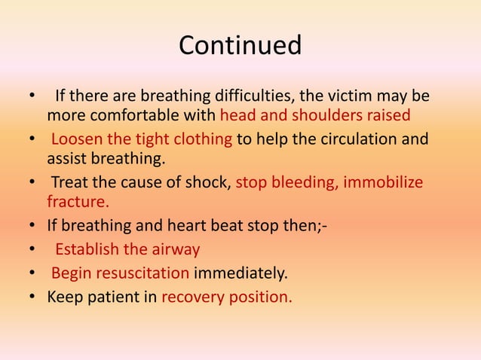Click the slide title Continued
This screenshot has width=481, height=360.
(x=240, y=45)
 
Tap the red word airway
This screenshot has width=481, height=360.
(x=175, y=250)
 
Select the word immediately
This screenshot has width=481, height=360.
(x=242, y=273)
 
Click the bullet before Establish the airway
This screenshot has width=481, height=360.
(x=31, y=250)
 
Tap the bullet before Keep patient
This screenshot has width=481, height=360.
(x=31, y=296)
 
